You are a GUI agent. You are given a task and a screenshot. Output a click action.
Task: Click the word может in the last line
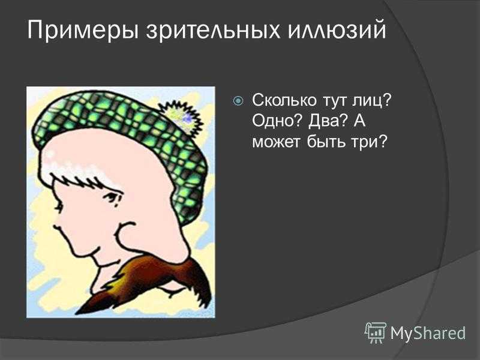pyautogui.click(x=276, y=143)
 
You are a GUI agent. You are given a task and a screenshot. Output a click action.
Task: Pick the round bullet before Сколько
pyautogui.click(x=238, y=101)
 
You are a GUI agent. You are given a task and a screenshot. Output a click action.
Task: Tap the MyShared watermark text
pyautogui.click(x=428, y=333)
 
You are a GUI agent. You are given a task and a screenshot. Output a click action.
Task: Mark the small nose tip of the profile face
pyautogui.click(x=57, y=227)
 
